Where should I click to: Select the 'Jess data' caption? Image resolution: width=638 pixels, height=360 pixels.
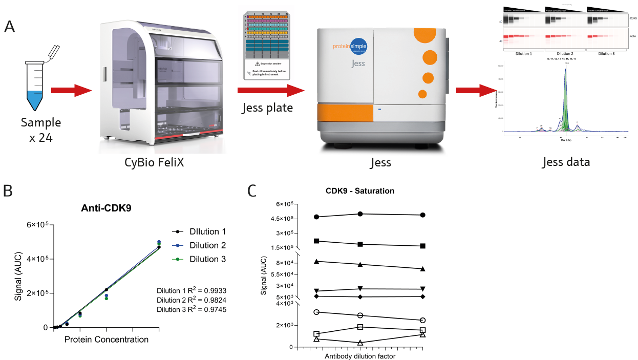tap(566, 163)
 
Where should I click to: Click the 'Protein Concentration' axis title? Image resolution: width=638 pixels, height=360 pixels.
tap(107, 340)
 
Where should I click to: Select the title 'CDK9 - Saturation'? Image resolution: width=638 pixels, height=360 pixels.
tap(360, 191)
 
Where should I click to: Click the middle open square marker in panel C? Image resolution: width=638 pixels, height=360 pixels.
tap(360, 327)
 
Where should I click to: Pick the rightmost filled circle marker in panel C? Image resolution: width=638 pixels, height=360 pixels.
tap(423, 215)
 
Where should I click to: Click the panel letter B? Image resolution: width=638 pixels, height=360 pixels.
tap(9, 190)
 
